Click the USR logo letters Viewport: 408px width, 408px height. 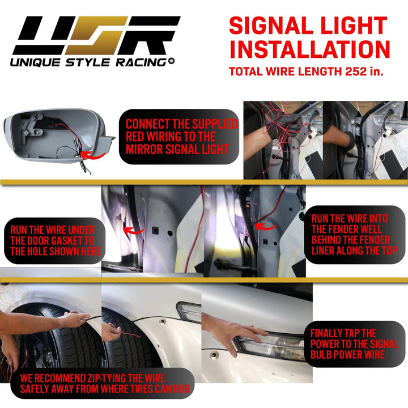[96, 35]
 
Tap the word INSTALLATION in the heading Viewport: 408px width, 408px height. [309, 49]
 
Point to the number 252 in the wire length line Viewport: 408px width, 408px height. [356, 71]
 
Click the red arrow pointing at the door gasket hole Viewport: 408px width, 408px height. [134, 230]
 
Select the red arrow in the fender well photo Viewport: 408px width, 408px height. [265, 227]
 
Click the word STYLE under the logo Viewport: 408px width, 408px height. [88, 62]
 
